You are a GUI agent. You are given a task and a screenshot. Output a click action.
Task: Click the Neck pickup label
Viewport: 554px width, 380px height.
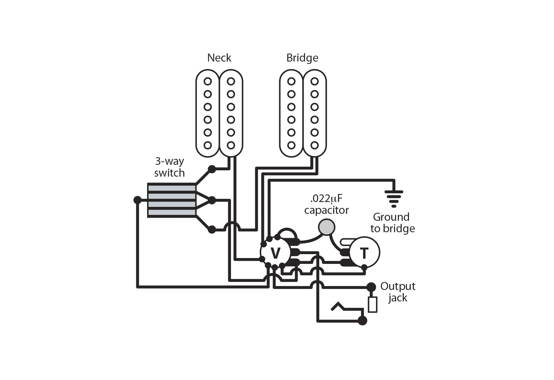[x=219, y=58]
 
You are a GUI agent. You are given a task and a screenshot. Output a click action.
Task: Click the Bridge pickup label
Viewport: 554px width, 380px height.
[x=302, y=58]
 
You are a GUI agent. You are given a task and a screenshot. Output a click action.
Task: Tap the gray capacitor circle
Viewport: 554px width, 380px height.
[x=326, y=227]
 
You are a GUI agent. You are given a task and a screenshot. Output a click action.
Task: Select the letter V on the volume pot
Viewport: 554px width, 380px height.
[x=275, y=253]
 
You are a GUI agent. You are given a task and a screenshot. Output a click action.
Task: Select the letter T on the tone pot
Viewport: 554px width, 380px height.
[x=364, y=253]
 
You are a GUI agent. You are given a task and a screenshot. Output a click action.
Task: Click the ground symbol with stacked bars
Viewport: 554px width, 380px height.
[x=394, y=198]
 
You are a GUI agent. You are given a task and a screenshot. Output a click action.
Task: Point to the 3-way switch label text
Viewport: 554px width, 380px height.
[x=169, y=167]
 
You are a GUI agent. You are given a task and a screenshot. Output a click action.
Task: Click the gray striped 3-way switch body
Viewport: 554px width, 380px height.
[x=171, y=200]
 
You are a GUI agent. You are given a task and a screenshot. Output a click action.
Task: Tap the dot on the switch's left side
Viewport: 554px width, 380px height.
[x=138, y=200]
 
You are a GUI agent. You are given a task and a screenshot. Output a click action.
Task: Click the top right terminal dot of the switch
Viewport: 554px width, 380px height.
[x=211, y=169]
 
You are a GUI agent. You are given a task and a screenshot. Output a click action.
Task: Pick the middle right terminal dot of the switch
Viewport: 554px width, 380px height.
[x=211, y=200]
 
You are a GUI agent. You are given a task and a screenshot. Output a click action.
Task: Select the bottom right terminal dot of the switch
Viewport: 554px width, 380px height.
[x=211, y=229]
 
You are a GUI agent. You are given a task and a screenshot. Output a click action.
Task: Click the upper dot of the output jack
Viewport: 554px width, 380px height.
[x=371, y=287]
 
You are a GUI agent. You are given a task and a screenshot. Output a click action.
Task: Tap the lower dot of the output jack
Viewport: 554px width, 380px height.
[x=362, y=321]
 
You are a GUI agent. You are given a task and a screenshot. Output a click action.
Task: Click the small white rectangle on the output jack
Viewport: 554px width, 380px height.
[x=372, y=305]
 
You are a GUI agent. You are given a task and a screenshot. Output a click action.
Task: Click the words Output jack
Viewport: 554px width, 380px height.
[x=398, y=292]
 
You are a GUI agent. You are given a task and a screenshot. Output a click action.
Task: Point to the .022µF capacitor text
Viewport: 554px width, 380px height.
[x=326, y=204]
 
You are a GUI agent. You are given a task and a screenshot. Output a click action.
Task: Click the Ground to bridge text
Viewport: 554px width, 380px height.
[x=392, y=223]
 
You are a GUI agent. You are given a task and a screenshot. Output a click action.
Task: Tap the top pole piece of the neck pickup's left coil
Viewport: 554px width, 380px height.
[x=208, y=81]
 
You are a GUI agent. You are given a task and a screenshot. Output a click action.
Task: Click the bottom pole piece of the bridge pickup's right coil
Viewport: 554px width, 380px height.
[x=314, y=145]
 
